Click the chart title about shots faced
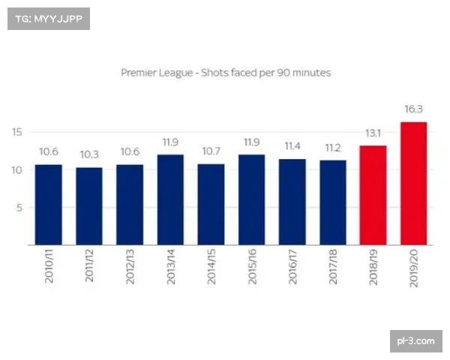(x=226, y=73)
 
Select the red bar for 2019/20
(x=413, y=183)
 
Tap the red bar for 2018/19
(x=373, y=195)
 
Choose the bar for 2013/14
(x=170, y=199)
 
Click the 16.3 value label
(x=413, y=109)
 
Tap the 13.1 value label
(x=373, y=133)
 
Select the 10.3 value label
(x=89, y=155)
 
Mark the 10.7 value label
(x=211, y=152)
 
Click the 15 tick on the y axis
(x=17, y=131)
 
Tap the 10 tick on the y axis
(x=17, y=169)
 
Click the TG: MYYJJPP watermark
(x=48, y=18)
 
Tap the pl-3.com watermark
(x=416, y=341)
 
